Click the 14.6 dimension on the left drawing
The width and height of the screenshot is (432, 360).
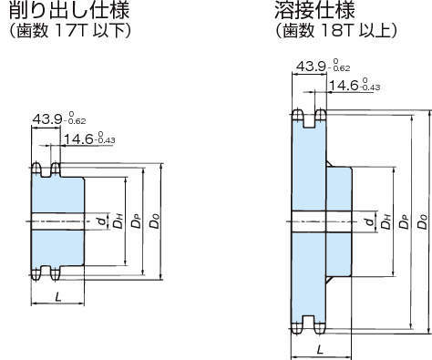tap(89, 139)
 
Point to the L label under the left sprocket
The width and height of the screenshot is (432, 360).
tap(58, 296)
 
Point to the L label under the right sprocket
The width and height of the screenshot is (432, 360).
tap(319, 349)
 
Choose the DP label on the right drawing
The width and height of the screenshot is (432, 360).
tap(404, 221)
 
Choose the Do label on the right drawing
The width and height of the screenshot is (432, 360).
tap(422, 221)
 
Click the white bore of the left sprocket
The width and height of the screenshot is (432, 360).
tap(58, 221)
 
